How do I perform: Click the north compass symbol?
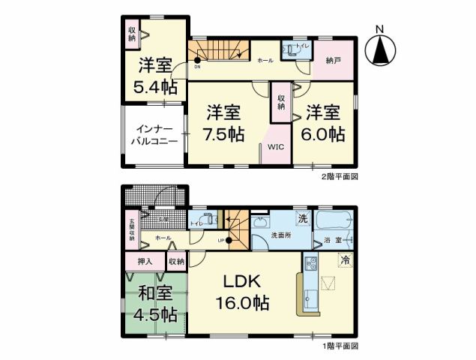(381, 49)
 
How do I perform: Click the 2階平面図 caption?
(337, 177)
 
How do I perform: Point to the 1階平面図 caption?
(339, 346)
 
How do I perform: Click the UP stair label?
(221, 240)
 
